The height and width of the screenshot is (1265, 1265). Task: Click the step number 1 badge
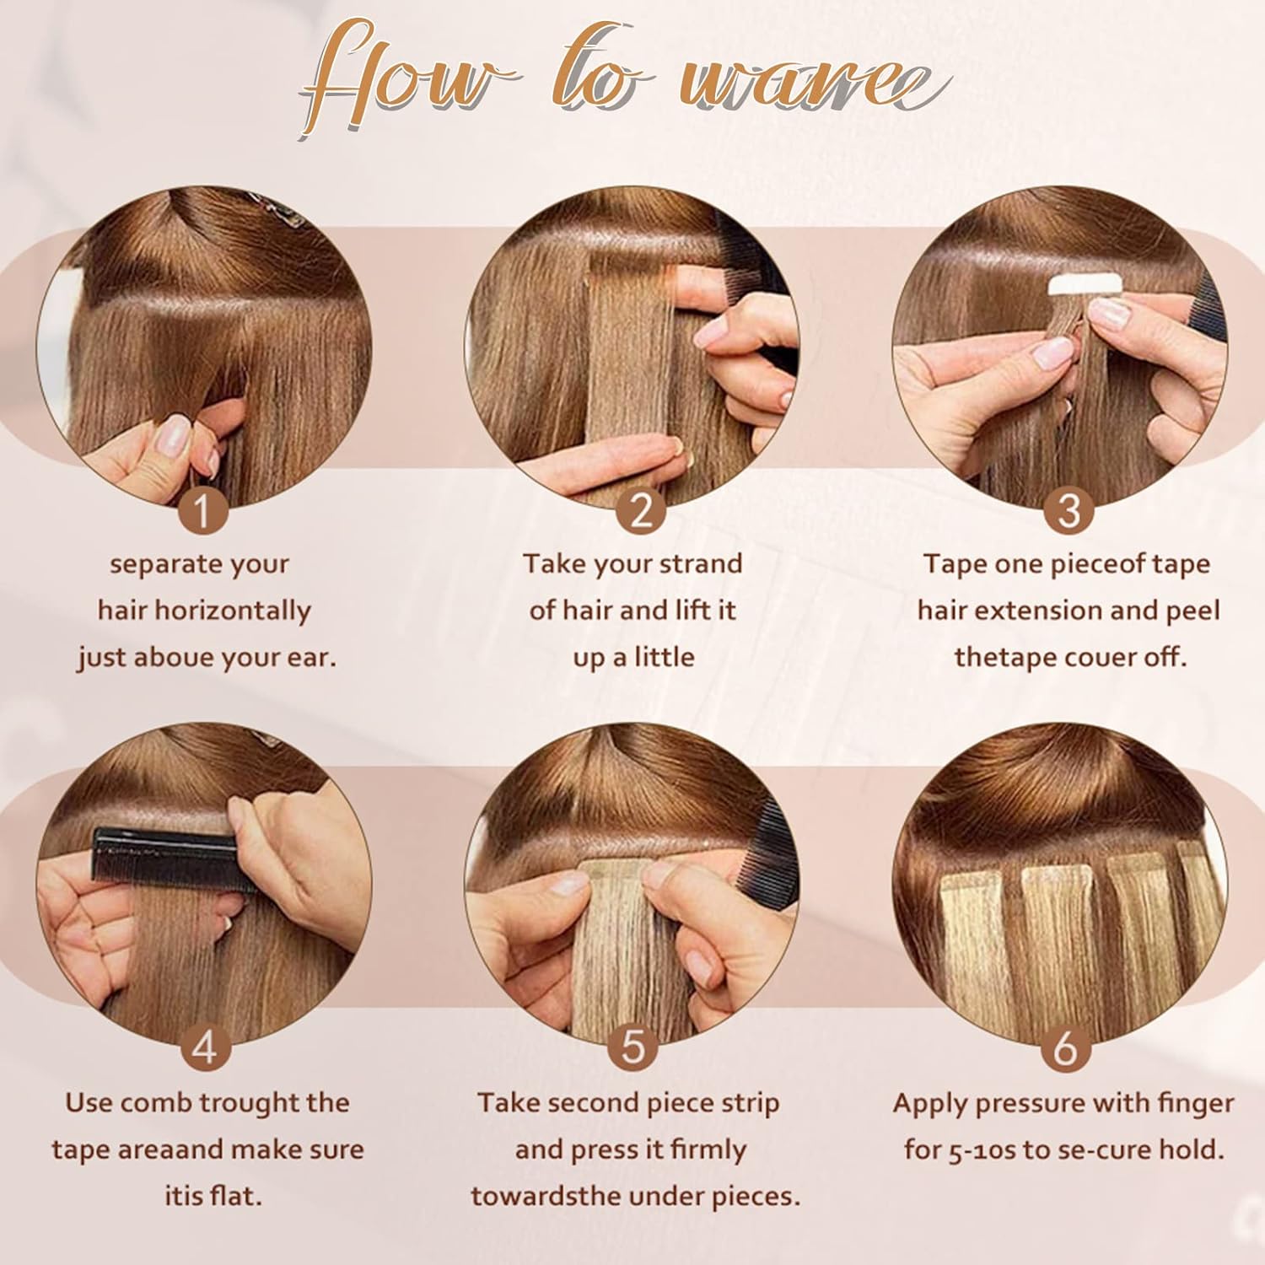[x=203, y=510]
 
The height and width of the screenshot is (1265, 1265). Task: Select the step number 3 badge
[x=1069, y=510]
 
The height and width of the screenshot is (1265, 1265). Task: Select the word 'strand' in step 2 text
[x=702, y=564]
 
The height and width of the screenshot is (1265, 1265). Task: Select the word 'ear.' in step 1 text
[x=311, y=658]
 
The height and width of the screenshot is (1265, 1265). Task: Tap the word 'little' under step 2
[x=664, y=658]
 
